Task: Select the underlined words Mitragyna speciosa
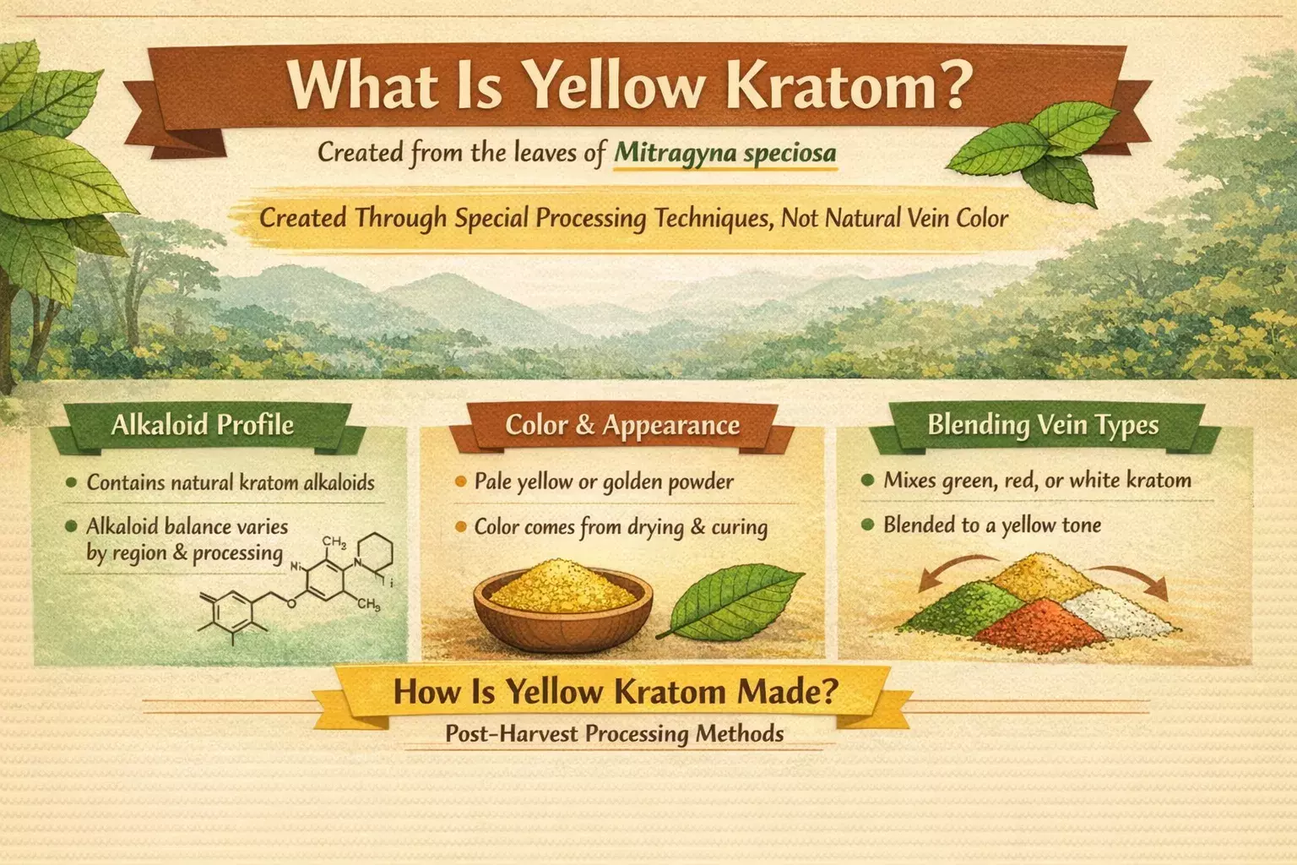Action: pyautogui.click(x=725, y=152)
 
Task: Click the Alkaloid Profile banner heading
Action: pyautogui.click(x=203, y=425)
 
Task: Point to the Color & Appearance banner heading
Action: pyautogui.click(x=622, y=425)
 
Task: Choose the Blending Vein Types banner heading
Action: pyautogui.click(x=1043, y=424)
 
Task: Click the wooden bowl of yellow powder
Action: pyautogui.click(x=563, y=606)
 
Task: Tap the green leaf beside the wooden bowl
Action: pyautogui.click(x=732, y=601)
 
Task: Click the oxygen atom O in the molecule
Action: pyautogui.click(x=291, y=604)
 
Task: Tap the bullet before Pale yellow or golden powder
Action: pyautogui.click(x=461, y=481)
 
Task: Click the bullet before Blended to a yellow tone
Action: pyautogui.click(x=867, y=525)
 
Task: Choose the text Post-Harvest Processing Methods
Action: pyautogui.click(x=615, y=733)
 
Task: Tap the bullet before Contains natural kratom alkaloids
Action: pyautogui.click(x=72, y=482)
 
